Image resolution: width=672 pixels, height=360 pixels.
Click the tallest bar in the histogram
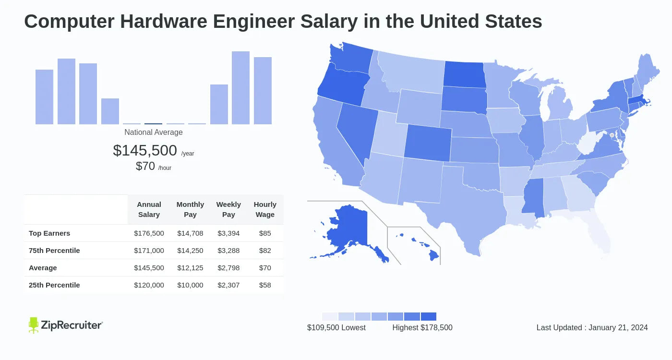[x=240, y=88]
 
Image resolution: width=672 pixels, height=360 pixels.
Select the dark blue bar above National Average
[x=153, y=124]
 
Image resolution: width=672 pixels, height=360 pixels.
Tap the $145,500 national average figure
[x=145, y=150]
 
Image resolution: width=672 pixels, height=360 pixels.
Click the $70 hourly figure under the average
[x=145, y=166]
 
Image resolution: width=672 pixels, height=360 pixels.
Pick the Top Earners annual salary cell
[x=149, y=233]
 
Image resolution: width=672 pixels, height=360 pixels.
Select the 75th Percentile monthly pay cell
[x=190, y=251]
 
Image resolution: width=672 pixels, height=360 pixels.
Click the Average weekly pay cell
[x=228, y=268]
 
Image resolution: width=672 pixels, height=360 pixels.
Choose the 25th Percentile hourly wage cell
[x=265, y=285]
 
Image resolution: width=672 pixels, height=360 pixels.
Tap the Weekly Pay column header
[x=228, y=209]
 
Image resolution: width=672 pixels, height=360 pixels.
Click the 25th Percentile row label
[x=54, y=285]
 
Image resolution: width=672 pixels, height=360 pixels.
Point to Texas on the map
[x=461, y=211]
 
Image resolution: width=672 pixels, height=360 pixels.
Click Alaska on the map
[x=346, y=230]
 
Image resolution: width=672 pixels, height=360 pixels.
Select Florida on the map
[x=595, y=235]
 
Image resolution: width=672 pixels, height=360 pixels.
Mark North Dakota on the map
[x=463, y=74]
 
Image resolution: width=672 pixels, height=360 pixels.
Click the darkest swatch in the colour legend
[x=429, y=317]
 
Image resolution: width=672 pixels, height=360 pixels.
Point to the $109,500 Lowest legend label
[x=336, y=327]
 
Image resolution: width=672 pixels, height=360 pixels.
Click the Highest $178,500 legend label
[x=422, y=327]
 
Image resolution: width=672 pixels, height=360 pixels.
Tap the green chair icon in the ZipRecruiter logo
[x=33, y=325]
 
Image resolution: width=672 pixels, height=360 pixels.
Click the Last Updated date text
[x=592, y=327]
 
